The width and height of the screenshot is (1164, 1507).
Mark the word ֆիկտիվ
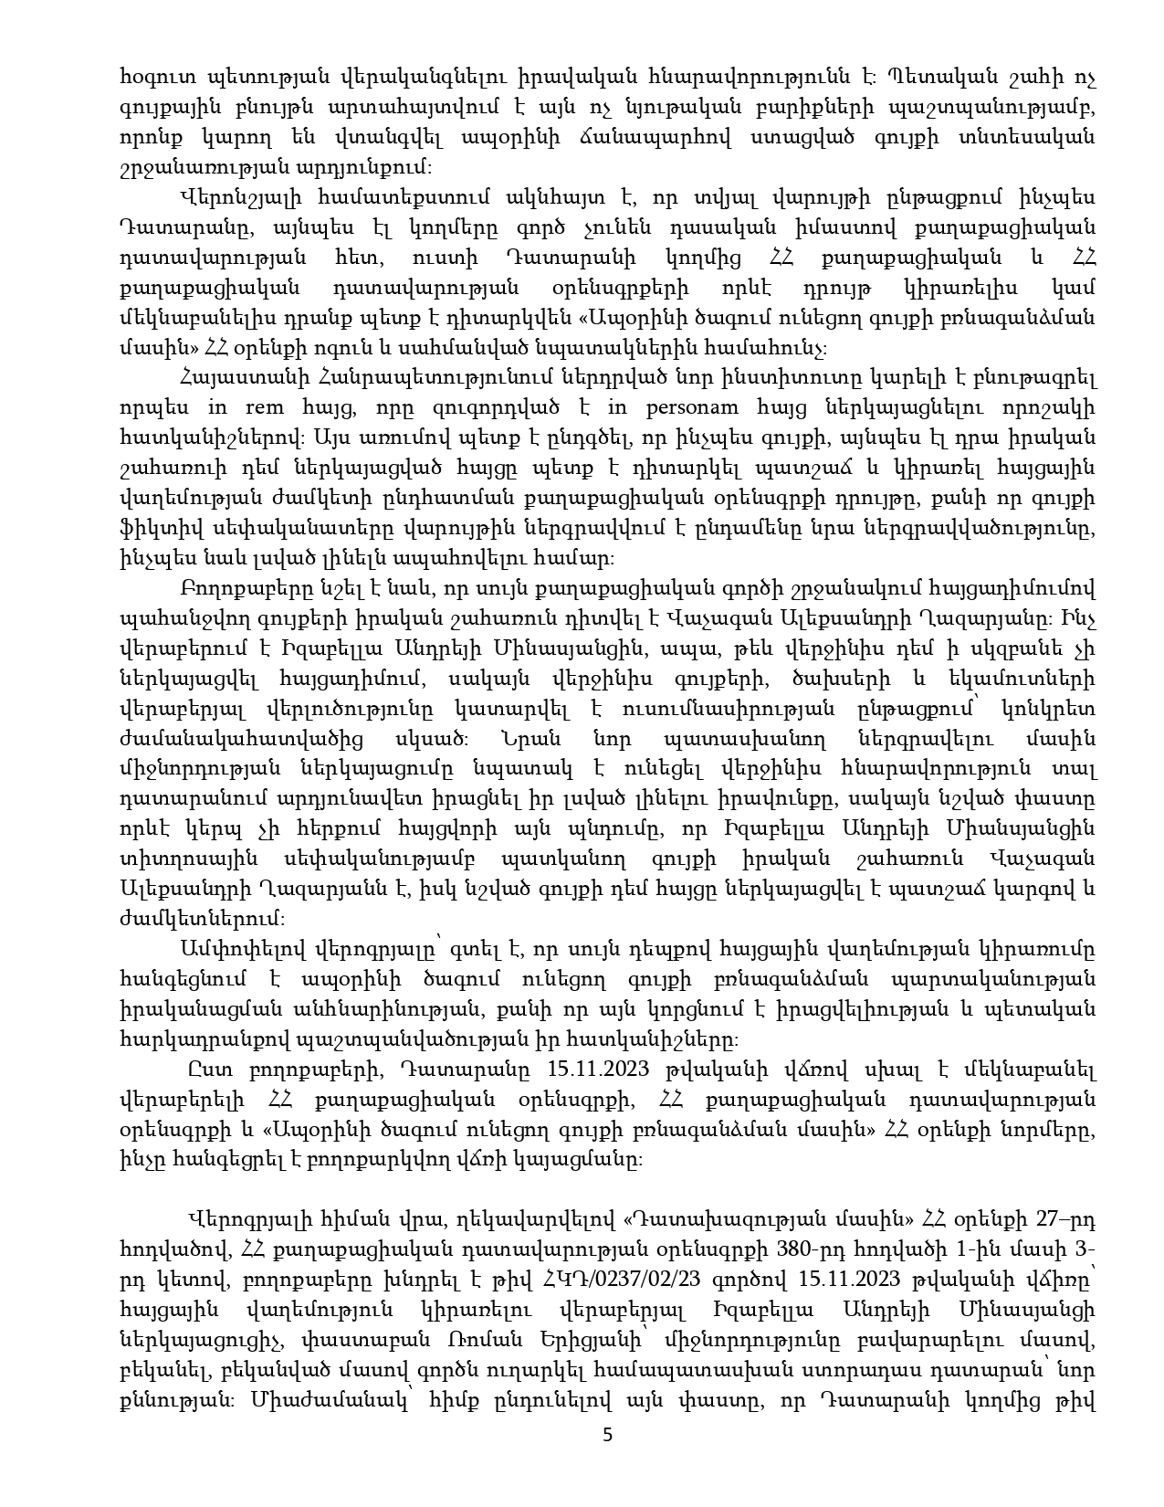click(x=150, y=531)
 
